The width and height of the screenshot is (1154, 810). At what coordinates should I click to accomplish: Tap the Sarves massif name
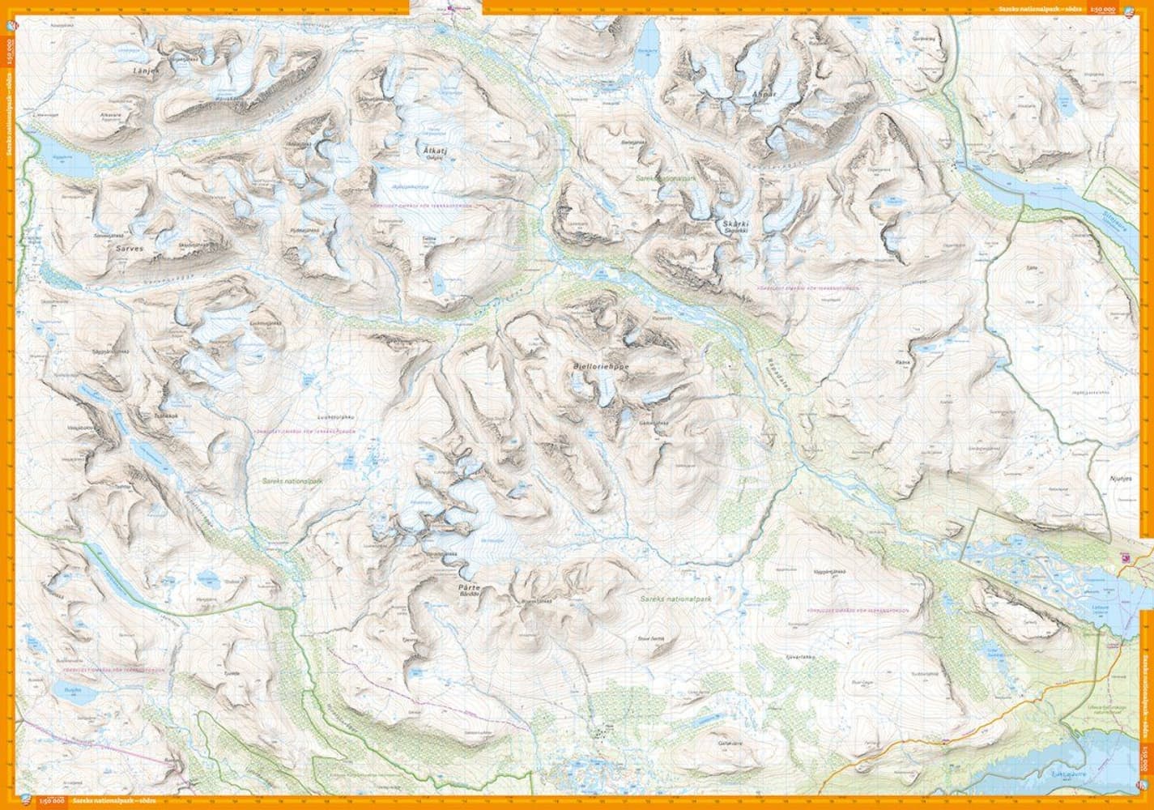(x=130, y=249)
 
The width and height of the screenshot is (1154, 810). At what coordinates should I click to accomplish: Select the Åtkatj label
(x=436, y=151)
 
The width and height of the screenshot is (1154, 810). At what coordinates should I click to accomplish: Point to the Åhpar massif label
(x=758, y=94)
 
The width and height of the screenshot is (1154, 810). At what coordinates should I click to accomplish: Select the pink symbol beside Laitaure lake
(x=1123, y=557)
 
